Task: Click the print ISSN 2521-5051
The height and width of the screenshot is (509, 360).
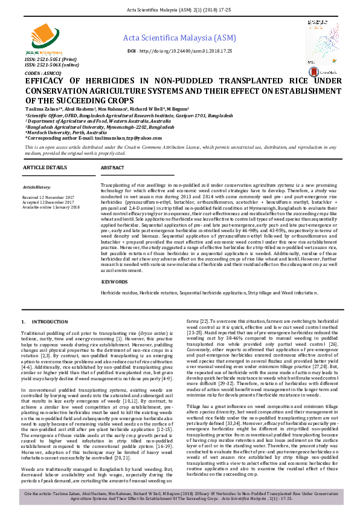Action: (49, 60)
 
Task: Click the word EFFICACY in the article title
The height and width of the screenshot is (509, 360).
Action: (50, 82)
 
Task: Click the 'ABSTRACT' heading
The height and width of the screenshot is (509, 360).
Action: (113, 167)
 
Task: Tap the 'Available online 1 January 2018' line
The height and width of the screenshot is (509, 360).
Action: (51, 207)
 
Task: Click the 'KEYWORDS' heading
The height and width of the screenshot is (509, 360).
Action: (114, 282)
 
